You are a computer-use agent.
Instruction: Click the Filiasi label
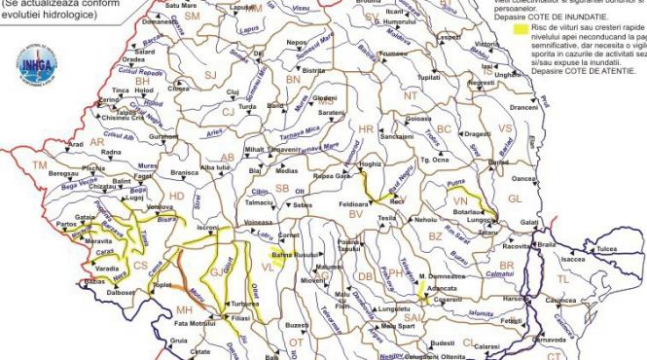click(x=242, y=318)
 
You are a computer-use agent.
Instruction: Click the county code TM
click(x=40, y=166)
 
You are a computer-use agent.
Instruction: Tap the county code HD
click(x=176, y=197)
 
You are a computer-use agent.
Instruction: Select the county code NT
click(x=410, y=95)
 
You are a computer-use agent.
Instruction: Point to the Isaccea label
click(x=572, y=260)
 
